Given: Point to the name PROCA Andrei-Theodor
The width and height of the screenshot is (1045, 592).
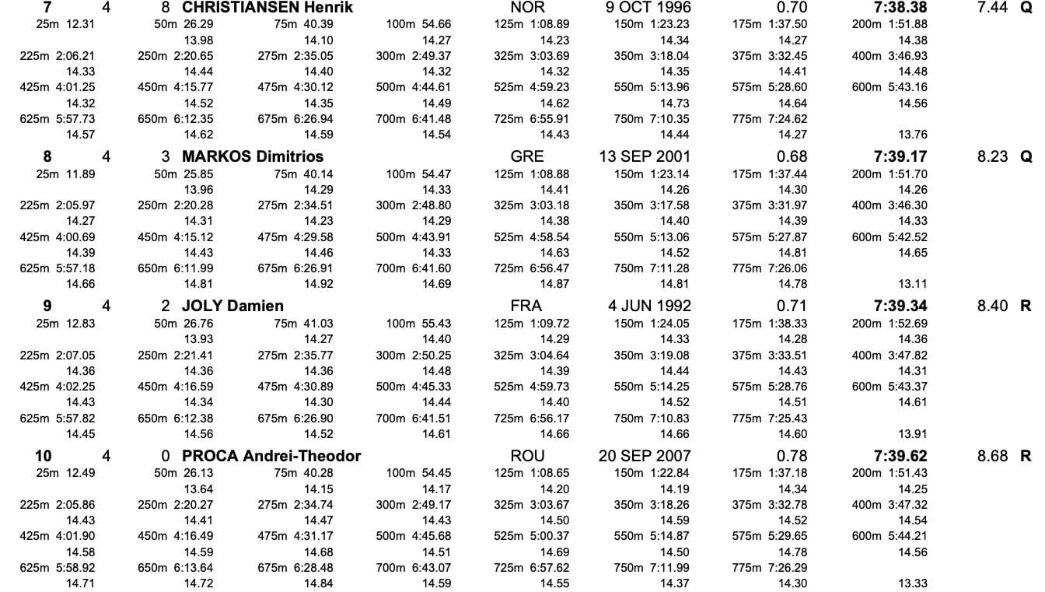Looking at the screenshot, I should pos(271,456).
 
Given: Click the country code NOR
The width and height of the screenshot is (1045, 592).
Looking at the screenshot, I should pos(527,8).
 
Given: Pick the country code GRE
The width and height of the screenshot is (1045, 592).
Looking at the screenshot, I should pos(527,156).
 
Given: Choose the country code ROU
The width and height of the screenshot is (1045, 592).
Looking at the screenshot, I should pos(527,456).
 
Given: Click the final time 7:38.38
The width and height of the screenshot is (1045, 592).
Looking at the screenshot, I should pos(900,8).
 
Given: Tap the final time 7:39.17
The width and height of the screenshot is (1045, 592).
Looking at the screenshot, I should pos(900,156).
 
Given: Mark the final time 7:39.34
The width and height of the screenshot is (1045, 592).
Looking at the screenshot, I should pos(900,306).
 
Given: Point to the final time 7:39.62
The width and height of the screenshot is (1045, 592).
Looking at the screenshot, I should pos(900,456).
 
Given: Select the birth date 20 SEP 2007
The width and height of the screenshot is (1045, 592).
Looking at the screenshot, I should pos(645,456).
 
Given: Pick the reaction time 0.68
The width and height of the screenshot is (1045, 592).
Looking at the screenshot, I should pos(792,156).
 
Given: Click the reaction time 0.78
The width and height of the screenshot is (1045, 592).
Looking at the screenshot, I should pos(792,456).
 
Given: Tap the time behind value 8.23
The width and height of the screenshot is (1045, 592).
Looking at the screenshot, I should pos(992,156).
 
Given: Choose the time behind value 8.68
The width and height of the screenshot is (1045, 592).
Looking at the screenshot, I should pos(992,456).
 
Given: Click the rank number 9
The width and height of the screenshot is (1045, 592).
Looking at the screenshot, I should pos(47,306).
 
